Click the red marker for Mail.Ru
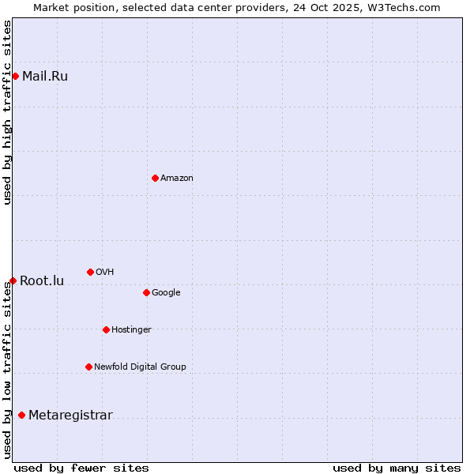(x=15, y=76)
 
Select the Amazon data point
(x=155, y=178)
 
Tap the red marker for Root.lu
(x=13, y=280)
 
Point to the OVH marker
(x=90, y=272)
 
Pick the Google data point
(x=146, y=292)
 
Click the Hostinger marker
(x=106, y=329)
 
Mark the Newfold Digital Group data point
(x=88, y=367)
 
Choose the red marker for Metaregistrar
(x=21, y=415)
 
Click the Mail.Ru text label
(x=45, y=77)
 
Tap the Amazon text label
(x=177, y=179)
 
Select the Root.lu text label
(x=42, y=281)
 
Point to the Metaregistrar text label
(x=70, y=416)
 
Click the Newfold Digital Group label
(x=140, y=367)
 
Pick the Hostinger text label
(x=131, y=329)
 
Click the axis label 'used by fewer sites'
(x=81, y=468)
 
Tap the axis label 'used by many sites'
(x=397, y=468)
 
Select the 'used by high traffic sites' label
(x=7, y=112)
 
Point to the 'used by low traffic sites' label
(x=7, y=370)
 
